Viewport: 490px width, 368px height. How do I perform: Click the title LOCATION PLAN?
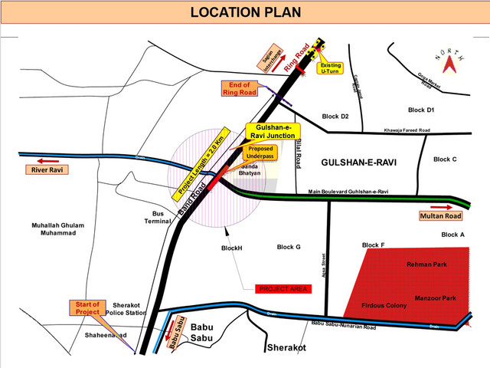click(x=245, y=13)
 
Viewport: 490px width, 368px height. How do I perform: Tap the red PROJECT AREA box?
click(x=283, y=288)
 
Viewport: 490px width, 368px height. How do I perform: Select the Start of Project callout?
click(x=88, y=308)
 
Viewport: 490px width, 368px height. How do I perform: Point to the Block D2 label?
click(x=335, y=117)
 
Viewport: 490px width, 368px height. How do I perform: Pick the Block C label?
click(x=445, y=159)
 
